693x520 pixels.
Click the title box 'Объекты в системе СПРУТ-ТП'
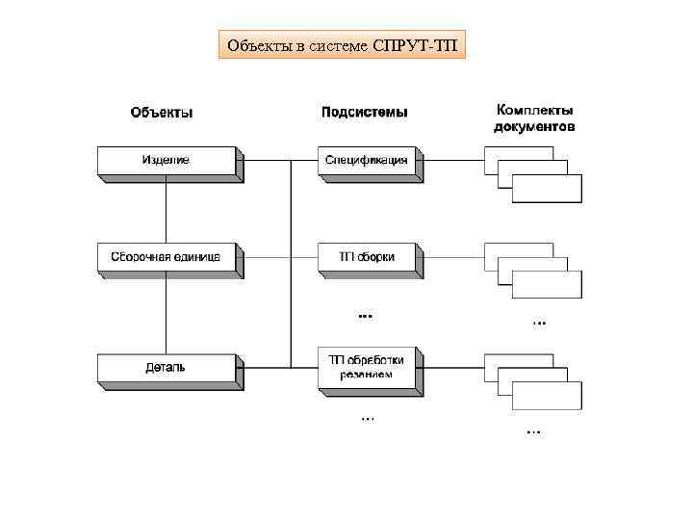[x=342, y=44]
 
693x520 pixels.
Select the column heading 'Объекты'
[x=162, y=113]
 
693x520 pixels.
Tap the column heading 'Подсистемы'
[x=364, y=113]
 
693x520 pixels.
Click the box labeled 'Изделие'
[x=166, y=161]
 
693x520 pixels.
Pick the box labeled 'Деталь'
[x=166, y=368]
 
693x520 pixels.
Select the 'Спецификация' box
[x=367, y=161]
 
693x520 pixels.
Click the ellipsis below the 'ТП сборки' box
[x=366, y=314]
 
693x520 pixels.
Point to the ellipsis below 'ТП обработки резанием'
[x=368, y=419]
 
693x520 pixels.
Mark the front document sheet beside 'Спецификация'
[x=547, y=188]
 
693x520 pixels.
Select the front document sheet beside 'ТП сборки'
[x=547, y=284]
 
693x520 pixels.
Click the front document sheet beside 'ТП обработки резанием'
[x=547, y=395]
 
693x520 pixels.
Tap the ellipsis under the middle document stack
[x=538, y=322]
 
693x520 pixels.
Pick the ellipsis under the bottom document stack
[x=533, y=431]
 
